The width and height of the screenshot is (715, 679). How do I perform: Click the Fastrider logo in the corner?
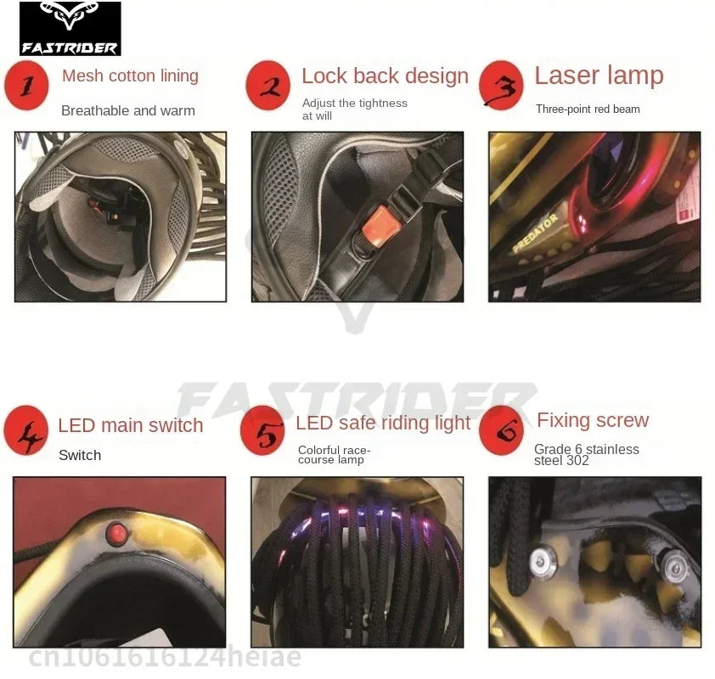click(70, 28)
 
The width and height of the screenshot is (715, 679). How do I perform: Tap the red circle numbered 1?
click(26, 86)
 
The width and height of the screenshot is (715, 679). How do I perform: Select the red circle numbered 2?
click(268, 86)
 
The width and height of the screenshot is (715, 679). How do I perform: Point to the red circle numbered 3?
click(501, 86)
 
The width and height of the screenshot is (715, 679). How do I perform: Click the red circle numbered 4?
click(26, 429)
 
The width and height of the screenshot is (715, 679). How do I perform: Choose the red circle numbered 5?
click(262, 429)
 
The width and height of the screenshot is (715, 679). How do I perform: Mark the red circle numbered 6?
click(502, 429)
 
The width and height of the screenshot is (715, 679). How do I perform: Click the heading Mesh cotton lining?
click(131, 76)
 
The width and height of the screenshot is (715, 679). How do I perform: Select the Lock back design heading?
click(386, 76)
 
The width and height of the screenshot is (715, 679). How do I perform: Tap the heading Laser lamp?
click(600, 76)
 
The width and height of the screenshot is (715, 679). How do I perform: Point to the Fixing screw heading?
click(593, 420)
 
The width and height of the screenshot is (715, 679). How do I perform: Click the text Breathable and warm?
click(128, 110)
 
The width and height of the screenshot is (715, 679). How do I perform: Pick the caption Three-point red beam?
click(588, 109)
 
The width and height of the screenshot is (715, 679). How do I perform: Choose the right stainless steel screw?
click(674, 567)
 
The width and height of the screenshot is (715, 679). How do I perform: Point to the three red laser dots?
click(583, 223)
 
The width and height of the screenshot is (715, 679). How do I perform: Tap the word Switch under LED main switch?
click(80, 455)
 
